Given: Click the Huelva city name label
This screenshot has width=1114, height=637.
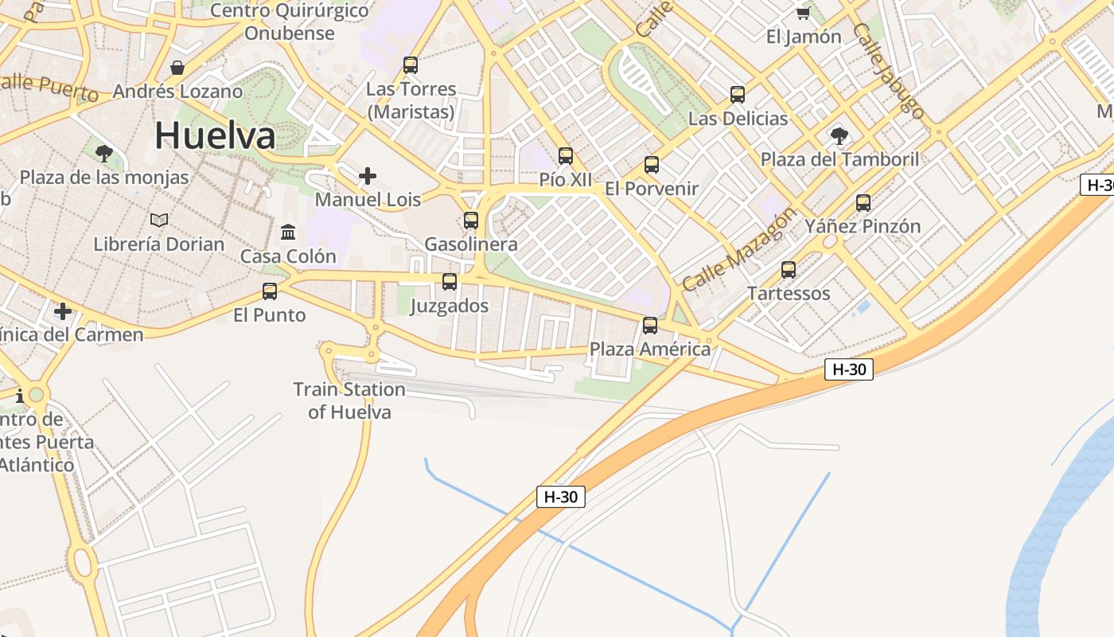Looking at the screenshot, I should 215,135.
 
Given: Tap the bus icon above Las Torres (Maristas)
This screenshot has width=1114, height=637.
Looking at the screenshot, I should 411,65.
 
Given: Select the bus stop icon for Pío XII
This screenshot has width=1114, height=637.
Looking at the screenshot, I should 566,156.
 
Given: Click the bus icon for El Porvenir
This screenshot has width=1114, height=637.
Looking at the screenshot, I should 652,165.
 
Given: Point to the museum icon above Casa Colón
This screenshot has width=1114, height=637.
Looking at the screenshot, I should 288,233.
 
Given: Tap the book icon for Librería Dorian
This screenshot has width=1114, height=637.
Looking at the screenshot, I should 159,220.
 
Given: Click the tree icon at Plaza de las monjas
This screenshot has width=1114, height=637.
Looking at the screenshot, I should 103,153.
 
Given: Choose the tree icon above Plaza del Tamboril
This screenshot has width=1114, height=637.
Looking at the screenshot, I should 839,135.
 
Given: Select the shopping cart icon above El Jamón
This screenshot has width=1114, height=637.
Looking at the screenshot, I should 803,13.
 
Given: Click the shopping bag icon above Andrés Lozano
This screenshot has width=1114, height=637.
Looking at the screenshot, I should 177,68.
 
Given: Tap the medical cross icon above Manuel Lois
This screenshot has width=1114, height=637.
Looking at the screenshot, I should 368,175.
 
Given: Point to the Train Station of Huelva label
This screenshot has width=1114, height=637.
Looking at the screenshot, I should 349,401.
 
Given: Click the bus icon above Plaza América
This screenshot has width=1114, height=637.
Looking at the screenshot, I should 650,325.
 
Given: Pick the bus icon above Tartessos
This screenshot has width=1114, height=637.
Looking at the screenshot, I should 789,270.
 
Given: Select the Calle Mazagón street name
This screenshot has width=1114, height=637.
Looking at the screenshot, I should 738,249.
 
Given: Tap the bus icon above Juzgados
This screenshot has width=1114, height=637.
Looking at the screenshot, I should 450,281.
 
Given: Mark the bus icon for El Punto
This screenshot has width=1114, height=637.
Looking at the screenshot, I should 270,291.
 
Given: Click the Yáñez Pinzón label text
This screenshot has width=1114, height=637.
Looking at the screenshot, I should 863,226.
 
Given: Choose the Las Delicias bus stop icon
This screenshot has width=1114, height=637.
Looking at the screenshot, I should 738,95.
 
